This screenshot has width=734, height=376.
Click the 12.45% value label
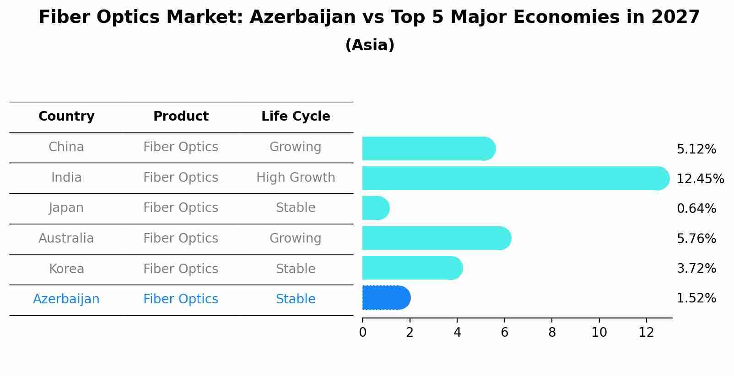tap(700, 179)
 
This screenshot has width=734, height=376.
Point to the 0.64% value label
tap(696, 209)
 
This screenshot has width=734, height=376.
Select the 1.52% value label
tap(696, 298)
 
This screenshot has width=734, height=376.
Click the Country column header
tap(66, 117)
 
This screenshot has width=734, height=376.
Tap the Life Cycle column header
tap(296, 117)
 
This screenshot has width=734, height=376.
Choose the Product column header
tap(181, 117)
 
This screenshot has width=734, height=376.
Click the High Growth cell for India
tap(296, 178)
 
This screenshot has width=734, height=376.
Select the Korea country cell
tap(66, 269)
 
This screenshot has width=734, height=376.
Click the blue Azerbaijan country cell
tap(66, 299)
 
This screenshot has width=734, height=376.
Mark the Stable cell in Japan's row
tap(296, 208)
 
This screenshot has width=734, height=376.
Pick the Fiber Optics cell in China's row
tap(181, 147)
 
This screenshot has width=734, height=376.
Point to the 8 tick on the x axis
tap(552, 333)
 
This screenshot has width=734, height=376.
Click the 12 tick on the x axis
tap(646, 333)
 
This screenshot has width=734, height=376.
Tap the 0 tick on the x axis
tap(362, 333)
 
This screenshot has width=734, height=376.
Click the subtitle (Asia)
tap(370, 45)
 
